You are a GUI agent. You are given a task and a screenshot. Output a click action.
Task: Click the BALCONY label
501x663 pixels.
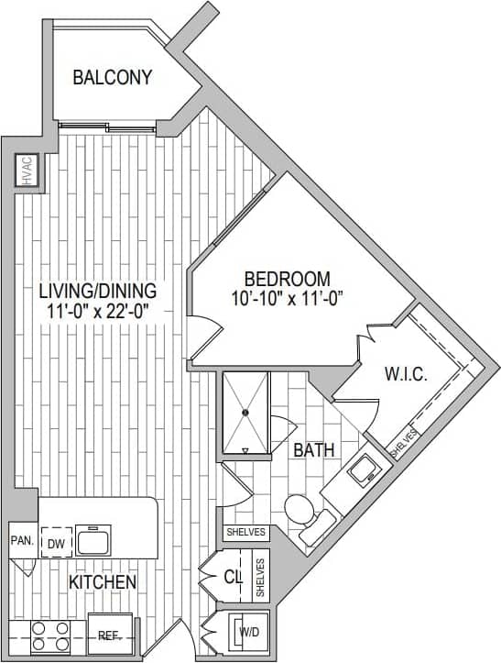[112, 77]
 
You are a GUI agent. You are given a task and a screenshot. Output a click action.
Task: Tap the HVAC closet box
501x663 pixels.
[26, 171]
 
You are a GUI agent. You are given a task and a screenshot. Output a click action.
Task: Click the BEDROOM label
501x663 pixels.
[286, 278]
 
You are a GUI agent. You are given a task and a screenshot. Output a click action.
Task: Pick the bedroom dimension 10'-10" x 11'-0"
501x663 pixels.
[286, 297]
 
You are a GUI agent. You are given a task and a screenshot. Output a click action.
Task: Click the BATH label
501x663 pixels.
[312, 450]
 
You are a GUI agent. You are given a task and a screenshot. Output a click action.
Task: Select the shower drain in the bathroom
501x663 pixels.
[246, 414]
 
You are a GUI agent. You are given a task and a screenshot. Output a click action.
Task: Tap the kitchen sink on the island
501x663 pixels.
[93, 541]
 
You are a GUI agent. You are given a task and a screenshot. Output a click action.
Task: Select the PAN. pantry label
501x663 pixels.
[21, 541]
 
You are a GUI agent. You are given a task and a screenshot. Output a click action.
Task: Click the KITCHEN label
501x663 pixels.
[103, 582]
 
